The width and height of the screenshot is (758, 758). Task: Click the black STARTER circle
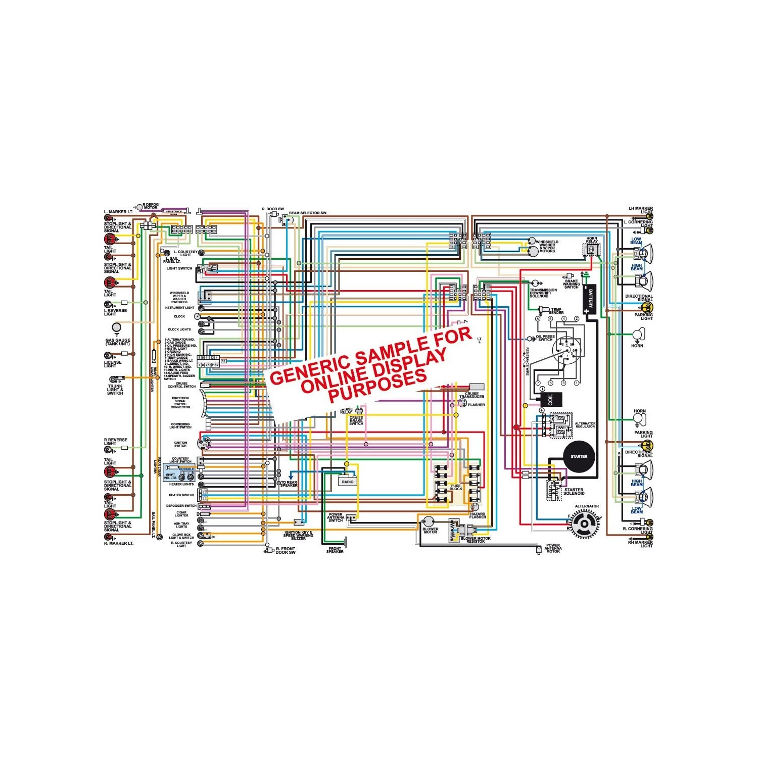[x=579, y=456]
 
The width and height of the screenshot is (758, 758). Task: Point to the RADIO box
[x=348, y=482]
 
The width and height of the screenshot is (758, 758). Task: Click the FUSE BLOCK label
[x=456, y=487]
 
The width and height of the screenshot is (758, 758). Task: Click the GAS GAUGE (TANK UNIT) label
[x=117, y=342]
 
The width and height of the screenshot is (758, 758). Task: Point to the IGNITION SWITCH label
[x=180, y=444]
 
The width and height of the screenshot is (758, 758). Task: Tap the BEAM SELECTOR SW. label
[x=308, y=213]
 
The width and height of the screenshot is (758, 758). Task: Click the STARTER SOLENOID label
[x=574, y=491]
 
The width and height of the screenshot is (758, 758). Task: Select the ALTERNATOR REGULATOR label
[x=585, y=425]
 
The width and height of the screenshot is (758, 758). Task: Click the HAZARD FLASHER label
[x=478, y=515]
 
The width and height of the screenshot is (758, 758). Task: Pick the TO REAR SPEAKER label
[x=289, y=484]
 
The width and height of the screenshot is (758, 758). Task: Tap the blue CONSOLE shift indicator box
[x=179, y=473]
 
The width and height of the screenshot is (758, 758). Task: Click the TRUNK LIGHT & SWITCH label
[x=115, y=389]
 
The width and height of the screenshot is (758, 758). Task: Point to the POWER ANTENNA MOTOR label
[x=553, y=548]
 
